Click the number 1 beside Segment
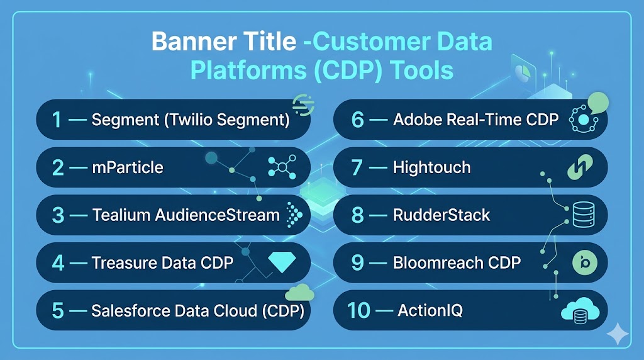(57, 120)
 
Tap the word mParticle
(127, 167)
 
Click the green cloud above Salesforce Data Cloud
(299, 292)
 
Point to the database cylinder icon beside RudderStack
(584, 215)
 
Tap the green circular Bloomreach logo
(584, 262)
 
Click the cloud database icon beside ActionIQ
(580, 310)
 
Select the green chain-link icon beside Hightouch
(580, 167)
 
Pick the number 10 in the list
(358, 310)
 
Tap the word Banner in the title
(195, 42)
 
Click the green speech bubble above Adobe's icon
(598, 103)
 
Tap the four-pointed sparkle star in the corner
(618, 334)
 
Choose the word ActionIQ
(430, 310)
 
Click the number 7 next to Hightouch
(357, 167)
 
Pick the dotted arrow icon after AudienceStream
(294, 215)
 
